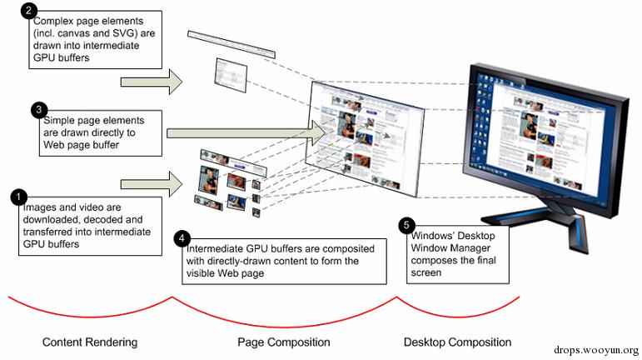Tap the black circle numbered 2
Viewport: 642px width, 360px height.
point(30,12)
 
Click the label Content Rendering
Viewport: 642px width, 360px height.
point(90,342)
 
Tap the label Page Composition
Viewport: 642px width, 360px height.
point(284,342)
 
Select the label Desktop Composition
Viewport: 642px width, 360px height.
point(457,342)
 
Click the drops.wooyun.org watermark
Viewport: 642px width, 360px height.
point(598,351)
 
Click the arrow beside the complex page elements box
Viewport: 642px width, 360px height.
point(151,82)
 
